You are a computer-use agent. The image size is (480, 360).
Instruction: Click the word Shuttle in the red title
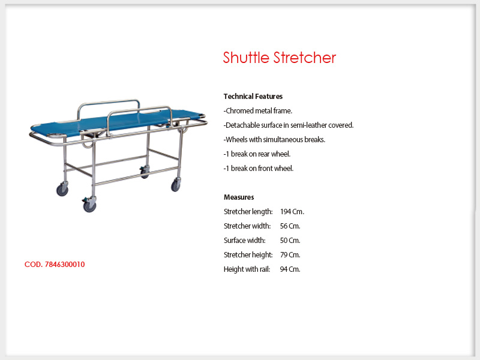(x=246, y=58)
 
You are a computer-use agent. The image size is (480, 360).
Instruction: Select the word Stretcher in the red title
(x=305, y=58)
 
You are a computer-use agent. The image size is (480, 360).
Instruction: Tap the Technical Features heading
(x=253, y=97)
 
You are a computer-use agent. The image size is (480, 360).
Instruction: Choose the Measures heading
(x=239, y=197)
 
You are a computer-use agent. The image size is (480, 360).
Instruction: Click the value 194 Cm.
(x=292, y=212)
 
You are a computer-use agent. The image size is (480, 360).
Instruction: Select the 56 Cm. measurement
(x=290, y=226)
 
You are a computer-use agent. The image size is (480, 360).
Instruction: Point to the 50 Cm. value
(x=290, y=241)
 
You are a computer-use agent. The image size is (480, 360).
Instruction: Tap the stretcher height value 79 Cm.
(x=290, y=254)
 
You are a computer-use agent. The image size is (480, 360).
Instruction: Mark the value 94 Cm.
(x=290, y=269)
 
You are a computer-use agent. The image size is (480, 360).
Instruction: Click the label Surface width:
(x=245, y=241)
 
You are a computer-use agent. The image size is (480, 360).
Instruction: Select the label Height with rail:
(x=247, y=269)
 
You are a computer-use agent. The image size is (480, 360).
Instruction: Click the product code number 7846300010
(x=65, y=265)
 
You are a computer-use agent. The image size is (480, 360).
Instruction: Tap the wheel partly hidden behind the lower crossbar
(x=145, y=172)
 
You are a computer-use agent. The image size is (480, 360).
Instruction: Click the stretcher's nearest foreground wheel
(x=89, y=205)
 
